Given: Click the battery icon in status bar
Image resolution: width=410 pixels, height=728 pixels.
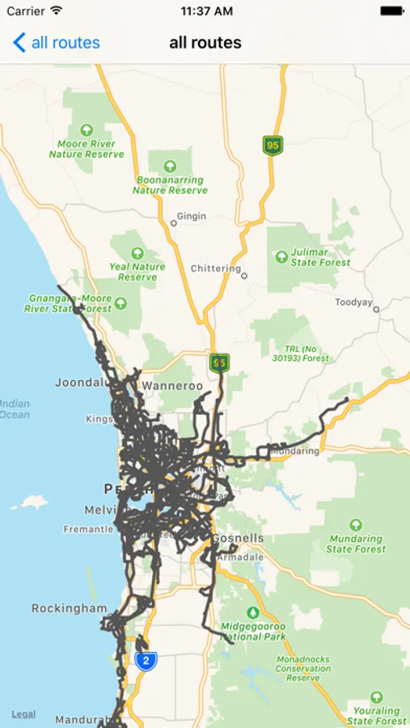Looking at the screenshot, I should coord(391,11).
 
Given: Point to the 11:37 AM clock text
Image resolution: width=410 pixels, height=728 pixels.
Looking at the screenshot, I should coord(205,11).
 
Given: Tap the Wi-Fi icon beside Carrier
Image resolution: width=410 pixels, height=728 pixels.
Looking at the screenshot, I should coord(56,11).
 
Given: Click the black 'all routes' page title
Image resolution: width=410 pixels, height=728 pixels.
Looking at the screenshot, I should coord(205,42).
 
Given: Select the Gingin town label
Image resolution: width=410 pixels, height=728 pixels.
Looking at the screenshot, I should coord(191,217).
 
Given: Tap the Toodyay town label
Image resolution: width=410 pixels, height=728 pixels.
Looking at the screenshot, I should coord(353,303).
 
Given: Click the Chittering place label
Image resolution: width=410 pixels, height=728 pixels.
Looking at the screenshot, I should coord(216,269).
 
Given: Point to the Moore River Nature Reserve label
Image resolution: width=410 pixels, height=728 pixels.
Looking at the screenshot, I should coord(87,148).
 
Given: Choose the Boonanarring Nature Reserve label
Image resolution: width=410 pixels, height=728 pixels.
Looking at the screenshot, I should coord(170,184).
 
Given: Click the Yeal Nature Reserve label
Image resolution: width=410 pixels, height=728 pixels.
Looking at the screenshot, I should coord(137,271).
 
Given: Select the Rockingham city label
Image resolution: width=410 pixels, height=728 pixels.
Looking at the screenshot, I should coord(69,608).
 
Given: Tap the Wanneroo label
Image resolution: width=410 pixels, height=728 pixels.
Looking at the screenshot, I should coord(172,386).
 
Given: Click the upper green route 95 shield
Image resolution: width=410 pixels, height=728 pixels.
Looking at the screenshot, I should coord(273,146).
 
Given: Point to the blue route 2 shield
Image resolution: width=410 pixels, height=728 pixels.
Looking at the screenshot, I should coord(146,661).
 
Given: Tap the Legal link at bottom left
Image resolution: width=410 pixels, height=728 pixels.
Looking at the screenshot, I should coord(23,713).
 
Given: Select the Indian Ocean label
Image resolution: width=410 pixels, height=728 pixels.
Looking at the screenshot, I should coord(14,408).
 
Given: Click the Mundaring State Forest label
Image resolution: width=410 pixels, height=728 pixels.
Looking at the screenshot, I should coord(355,544).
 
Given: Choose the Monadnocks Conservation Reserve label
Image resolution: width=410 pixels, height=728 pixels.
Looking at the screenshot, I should coord(303,668).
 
